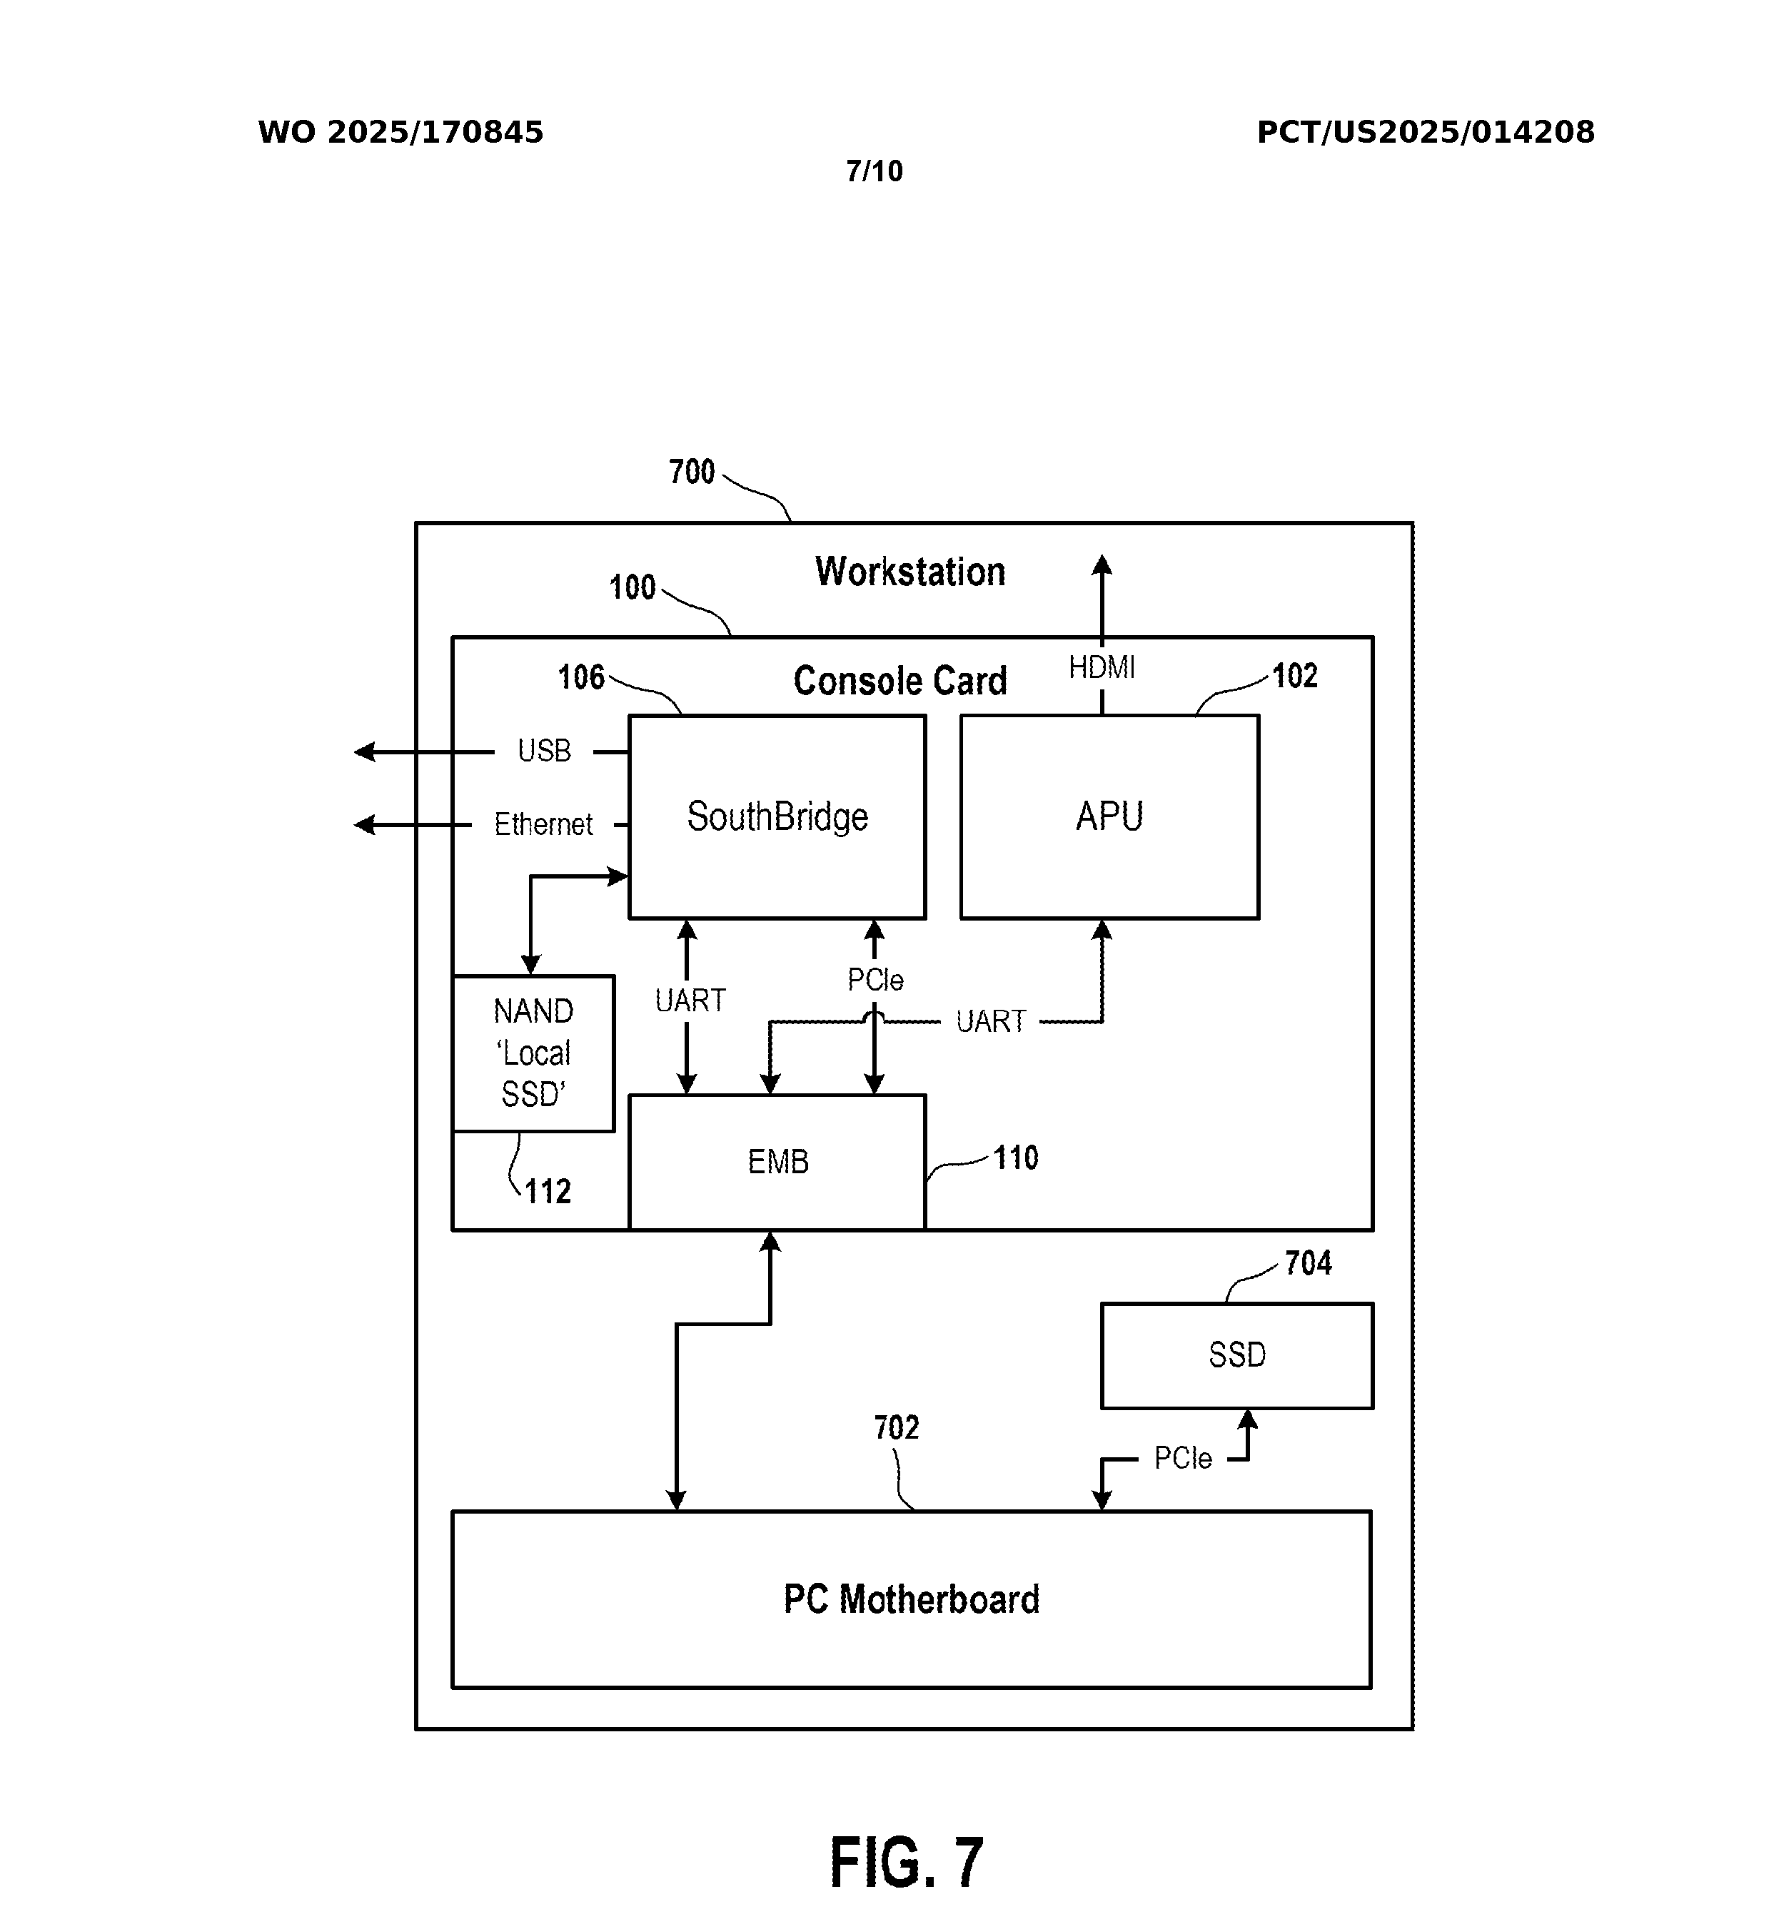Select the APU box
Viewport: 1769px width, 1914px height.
pos(1109,816)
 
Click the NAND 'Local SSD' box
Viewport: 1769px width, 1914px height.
pos(533,1053)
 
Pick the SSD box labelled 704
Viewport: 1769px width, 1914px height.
pos(1236,1355)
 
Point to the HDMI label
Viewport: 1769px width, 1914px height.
pos(1101,667)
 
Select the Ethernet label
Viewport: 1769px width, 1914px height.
pos(543,824)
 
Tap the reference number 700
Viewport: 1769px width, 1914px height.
pos(691,472)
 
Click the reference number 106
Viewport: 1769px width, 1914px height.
pos(581,677)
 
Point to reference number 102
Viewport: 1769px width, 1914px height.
pos(1294,676)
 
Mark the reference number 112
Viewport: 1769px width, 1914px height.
pos(548,1192)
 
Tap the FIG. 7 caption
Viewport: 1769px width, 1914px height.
pos(905,1863)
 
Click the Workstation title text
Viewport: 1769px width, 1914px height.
pos(909,572)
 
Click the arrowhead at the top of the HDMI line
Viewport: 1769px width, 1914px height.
pos(1102,564)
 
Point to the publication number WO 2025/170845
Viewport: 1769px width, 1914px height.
pos(400,132)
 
